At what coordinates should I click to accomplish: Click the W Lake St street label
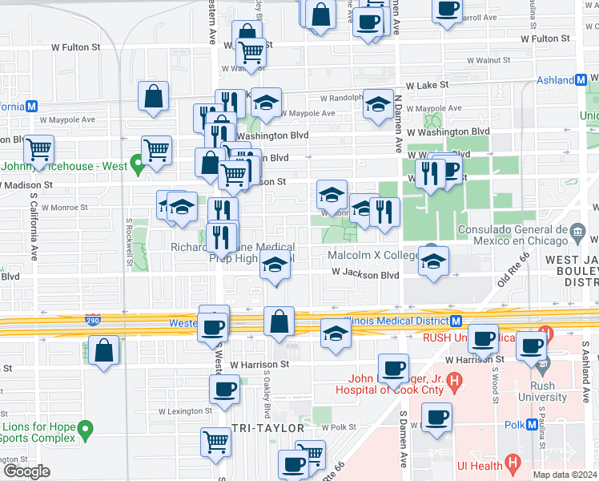427,85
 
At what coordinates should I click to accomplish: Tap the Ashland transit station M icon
581,80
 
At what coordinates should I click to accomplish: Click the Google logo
26,471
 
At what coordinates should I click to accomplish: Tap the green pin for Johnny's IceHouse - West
137,167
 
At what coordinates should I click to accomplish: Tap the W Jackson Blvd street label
366,274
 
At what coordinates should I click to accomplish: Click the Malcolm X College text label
373,256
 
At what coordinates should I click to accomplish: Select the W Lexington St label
184,411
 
